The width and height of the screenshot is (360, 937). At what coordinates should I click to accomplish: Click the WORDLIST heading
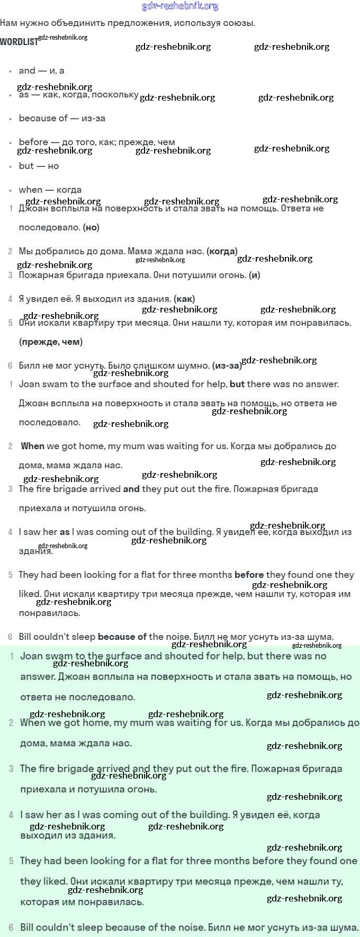tap(19, 42)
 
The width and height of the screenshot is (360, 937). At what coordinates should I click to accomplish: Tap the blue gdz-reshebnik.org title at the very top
tap(180, 6)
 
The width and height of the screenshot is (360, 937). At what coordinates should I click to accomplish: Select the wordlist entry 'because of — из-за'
tap(62, 118)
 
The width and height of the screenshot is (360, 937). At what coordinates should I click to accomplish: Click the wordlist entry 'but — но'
tap(39, 166)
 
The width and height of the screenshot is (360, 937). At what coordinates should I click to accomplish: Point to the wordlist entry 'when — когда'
tap(50, 190)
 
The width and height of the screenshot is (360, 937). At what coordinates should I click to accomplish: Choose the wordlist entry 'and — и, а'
tap(41, 70)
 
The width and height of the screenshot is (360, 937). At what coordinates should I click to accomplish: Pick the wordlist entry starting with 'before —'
tap(96, 142)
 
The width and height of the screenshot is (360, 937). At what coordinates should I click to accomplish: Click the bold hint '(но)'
tap(91, 227)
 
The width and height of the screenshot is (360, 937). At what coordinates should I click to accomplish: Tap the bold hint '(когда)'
tap(222, 251)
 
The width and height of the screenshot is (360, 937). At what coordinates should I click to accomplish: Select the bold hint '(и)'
tap(255, 275)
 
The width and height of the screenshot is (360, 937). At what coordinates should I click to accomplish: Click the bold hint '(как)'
tap(184, 299)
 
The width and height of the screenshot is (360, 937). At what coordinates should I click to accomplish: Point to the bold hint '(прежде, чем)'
tap(51, 342)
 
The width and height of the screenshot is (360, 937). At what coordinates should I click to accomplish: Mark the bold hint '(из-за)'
tap(227, 365)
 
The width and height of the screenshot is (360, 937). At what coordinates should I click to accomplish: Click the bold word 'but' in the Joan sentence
tap(237, 384)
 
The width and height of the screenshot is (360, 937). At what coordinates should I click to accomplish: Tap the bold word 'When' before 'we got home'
tap(32, 446)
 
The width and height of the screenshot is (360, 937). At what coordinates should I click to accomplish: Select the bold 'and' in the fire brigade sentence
tap(131, 489)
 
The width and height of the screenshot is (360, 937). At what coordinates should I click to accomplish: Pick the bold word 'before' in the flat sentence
tap(249, 575)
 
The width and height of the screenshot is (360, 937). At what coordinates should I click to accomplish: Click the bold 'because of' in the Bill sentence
tap(122, 637)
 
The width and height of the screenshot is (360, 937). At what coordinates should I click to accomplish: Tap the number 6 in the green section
tap(11, 927)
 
